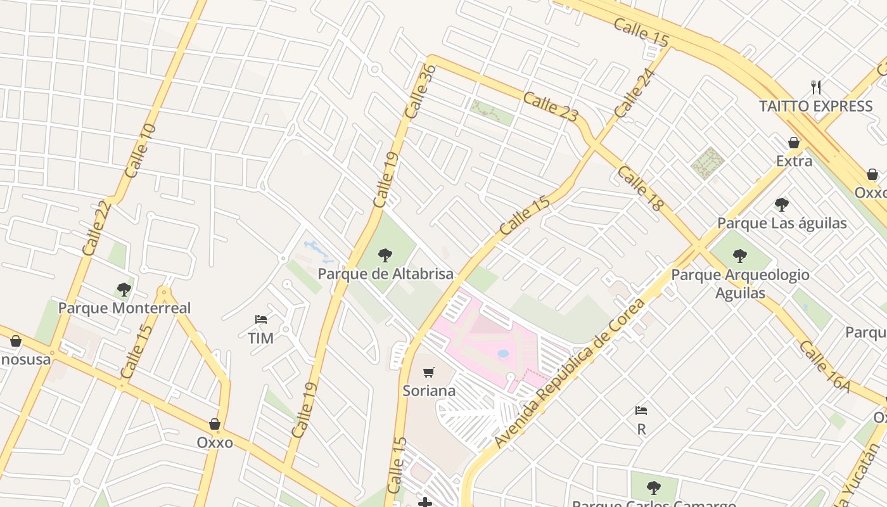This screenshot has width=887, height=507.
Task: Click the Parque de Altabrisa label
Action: pos(385,274)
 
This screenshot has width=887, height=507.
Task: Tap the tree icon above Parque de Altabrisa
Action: pos(385,255)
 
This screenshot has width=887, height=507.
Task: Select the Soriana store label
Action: pos(429,390)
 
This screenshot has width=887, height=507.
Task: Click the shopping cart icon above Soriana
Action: pos(429,372)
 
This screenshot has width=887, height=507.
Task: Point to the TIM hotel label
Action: pos(260,338)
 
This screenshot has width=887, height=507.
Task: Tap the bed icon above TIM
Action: pos(260,319)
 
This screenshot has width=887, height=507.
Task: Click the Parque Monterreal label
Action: pos(124,308)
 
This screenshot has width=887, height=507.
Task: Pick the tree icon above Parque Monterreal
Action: pos(124,290)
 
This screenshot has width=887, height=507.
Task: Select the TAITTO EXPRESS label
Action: pos(816,106)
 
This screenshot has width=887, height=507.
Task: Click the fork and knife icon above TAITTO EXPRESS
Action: pos(816,87)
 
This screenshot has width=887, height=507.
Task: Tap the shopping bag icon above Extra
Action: pos(794,143)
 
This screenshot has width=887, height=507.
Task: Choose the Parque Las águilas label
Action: pos(782,223)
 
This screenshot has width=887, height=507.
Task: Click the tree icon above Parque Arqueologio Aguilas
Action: pos(739,256)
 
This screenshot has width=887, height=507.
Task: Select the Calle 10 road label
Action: pos(140,151)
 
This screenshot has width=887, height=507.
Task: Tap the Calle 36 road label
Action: pos(420,92)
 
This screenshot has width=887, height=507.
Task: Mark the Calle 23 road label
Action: pos(551,106)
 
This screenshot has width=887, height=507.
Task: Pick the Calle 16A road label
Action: pos(824,366)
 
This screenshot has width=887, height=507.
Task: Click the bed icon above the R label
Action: pos(641,411)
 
